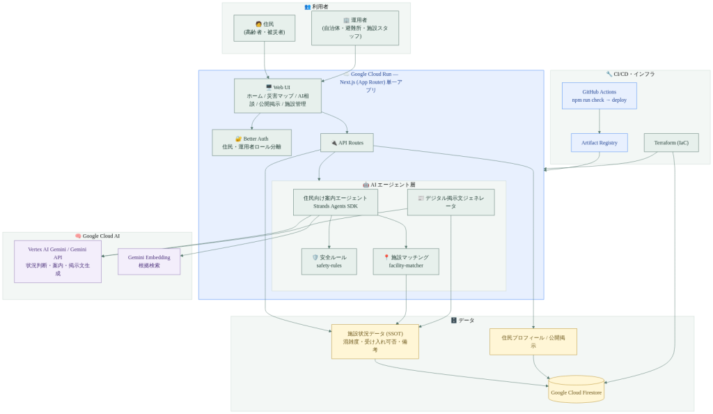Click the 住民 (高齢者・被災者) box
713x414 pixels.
click(x=264, y=28)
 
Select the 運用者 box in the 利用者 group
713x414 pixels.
click(x=355, y=28)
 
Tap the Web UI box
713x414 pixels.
click(x=278, y=95)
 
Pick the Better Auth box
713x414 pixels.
click(x=251, y=143)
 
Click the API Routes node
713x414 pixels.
click(x=347, y=143)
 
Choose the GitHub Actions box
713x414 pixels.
click(x=600, y=95)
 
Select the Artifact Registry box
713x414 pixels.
click(x=600, y=143)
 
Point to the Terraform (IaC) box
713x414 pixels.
click(x=671, y=143)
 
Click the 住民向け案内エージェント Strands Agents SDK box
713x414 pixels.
click(x=336, y=202)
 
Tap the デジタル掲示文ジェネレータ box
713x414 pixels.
click(x=450, y=202)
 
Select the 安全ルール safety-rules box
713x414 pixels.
click(x=329, y=261)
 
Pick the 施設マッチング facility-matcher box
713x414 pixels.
click(x=406, y=261)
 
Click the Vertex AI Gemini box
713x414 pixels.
click(x=58, y=261)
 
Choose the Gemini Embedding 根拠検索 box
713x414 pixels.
click(x=149, y=261)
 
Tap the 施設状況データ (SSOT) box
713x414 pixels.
click(x=375, y=342)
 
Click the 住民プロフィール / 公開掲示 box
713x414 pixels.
click(x=533, y=342)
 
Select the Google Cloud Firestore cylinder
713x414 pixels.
click(x=576, y=390)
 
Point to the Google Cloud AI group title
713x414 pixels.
click(x=97, y=236)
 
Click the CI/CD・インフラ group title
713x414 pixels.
click(x=630, y=74)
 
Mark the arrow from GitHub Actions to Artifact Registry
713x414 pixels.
click(x=600, y=121)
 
